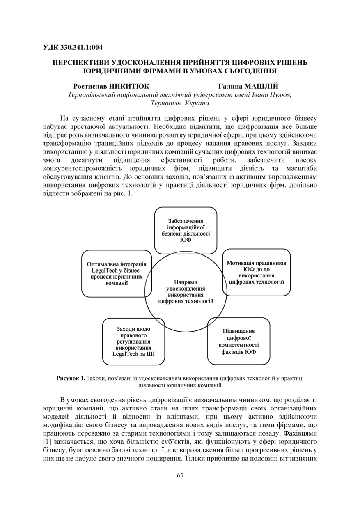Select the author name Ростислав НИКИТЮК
[111, 86]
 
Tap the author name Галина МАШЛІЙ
[248, 86]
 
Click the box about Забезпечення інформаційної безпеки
[186, 230]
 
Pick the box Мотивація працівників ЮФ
[257, 272]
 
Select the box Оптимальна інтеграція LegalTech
[117, 273]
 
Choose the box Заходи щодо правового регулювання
[133, 341]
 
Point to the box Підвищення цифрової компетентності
[238, 341]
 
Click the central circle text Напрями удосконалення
[186, 291]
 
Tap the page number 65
[180, 475]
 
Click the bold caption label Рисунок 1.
[71, 378]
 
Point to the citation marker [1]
[47, 441]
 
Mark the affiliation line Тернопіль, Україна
[180, 103]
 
